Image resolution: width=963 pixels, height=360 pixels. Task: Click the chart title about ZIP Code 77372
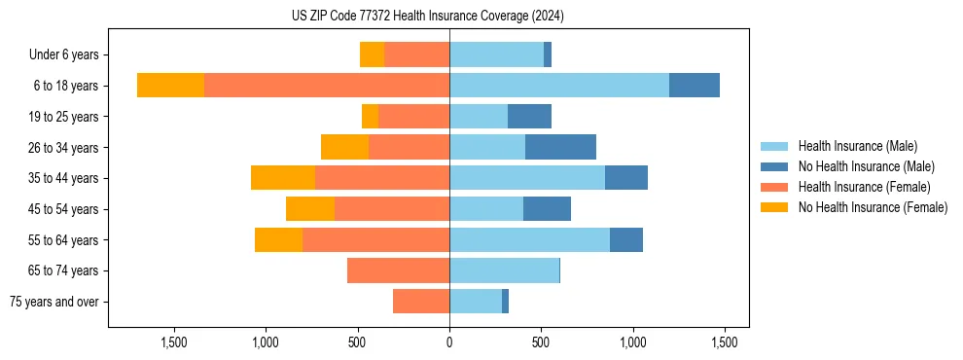tap(427, 16)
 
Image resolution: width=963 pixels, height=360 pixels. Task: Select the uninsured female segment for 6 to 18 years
tap(170, 86)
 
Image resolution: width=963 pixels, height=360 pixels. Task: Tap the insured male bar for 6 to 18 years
tap(559, 86)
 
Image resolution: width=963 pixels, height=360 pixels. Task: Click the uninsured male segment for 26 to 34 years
tap(560, 147)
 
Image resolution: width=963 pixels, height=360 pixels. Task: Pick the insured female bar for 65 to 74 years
tap(398, 270)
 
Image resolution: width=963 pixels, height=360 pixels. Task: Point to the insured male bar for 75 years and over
tap(476, 302)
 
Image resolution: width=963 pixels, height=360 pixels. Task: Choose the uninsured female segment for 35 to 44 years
tap(283, 178)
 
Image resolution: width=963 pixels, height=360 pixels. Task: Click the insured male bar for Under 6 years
tap(496, 54)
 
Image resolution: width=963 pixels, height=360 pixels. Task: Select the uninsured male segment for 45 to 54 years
tap(547, 209)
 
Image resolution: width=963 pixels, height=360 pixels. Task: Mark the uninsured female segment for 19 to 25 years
tap(370, 117)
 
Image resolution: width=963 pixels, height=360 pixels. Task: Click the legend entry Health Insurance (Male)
tap(857, 146)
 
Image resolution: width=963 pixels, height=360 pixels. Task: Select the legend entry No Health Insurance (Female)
tap(872, 207)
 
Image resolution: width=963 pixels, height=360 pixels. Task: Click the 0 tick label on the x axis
tap(449, 342)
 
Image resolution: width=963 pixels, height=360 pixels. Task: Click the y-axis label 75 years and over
tap(54, 302)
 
